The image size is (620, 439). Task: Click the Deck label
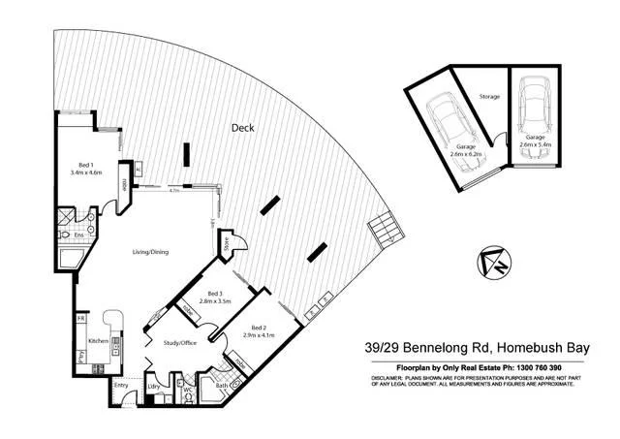(x=243, y=128)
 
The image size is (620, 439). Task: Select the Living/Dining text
(x=151, y=253)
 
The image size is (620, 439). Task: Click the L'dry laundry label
(x=154, y=387)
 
